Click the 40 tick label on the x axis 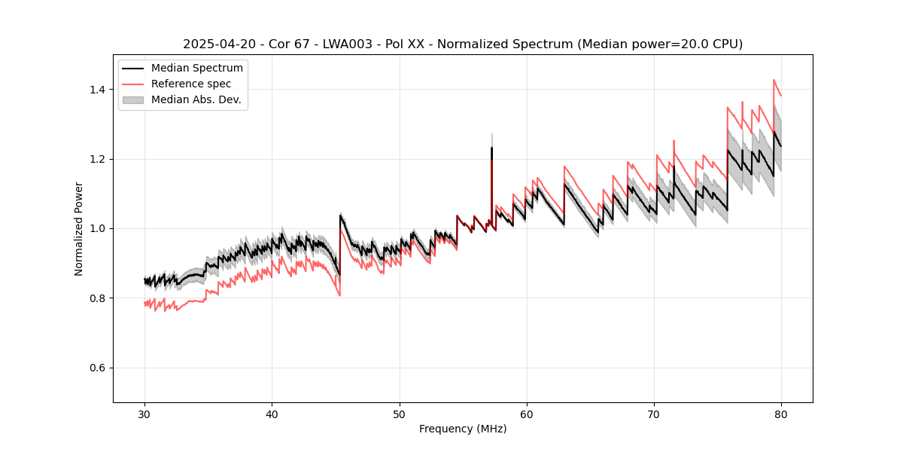pos(272,414)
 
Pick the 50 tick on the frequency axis pos(399,414)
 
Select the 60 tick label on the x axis pos(526,414)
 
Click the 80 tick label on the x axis pos(781,414)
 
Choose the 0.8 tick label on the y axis pos(99,298)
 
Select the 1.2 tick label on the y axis pos(99,159)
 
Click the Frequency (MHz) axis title pos(463,429)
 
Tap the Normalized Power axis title pos(79,228)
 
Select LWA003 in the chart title pos(325,44)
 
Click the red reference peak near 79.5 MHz pos(774,81)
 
